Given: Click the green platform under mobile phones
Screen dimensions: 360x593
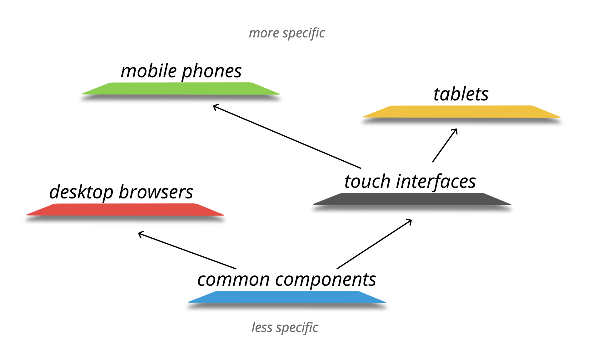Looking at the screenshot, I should (181, 89).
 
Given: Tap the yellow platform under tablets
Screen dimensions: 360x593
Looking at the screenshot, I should (461, 112).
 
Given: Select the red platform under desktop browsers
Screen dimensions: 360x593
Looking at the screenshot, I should (125, 210).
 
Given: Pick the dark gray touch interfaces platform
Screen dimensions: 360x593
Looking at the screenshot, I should (412, 199).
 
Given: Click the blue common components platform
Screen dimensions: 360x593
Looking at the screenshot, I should (287, 297).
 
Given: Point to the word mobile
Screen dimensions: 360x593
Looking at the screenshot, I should (149, 71).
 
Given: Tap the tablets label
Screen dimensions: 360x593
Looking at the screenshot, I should (461, 94).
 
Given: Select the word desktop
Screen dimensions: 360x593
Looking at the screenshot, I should (81, 192).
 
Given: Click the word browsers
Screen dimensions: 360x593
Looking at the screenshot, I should (156, 192).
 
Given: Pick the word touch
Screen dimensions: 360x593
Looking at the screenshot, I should (367, 182).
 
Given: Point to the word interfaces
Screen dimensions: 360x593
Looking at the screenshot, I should (436, 182).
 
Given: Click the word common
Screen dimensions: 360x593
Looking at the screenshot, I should (233, 280).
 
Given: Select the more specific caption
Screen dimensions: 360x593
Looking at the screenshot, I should (287, 33).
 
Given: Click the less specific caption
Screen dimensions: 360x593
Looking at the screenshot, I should (285, 328).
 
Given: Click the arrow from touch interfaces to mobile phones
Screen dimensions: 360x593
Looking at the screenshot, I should (287, 137).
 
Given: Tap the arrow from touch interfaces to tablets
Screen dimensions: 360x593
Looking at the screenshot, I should (445, 145).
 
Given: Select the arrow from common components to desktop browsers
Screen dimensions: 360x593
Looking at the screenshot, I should (187, 250).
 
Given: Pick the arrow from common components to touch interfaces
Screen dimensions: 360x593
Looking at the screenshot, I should (374, 244).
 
